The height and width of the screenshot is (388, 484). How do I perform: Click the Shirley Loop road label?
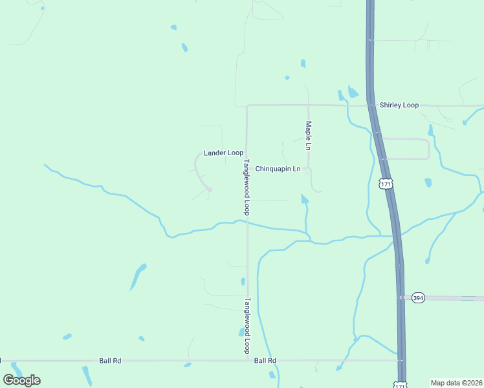(399, 105)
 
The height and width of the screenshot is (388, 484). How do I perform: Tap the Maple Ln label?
(309, 136)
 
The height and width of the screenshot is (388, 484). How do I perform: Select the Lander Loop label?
(223, 153)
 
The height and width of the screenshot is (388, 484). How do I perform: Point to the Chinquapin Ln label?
(278, 169)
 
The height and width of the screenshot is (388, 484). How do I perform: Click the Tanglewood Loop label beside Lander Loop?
(247, 188)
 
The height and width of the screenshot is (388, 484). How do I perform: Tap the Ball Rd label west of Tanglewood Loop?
(111, 360)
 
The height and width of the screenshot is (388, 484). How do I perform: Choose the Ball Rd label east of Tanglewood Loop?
(265, 360)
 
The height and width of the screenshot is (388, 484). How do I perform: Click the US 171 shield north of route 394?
(386, 185)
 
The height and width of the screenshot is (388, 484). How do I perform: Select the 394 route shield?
(418, 297)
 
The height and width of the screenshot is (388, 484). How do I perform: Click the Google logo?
(22, 380)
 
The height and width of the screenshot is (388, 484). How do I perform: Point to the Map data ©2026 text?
(456, 383)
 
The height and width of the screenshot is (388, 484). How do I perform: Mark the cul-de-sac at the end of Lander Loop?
(210, 189)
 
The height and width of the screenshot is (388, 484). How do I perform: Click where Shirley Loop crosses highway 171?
(371, 105)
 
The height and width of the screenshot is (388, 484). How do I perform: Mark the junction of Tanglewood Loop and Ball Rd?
(247, 360)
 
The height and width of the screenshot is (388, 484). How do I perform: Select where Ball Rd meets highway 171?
(401, 360)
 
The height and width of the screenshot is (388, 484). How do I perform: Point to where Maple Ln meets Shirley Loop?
(308, 105)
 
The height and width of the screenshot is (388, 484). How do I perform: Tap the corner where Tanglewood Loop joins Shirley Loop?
(247, 105)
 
